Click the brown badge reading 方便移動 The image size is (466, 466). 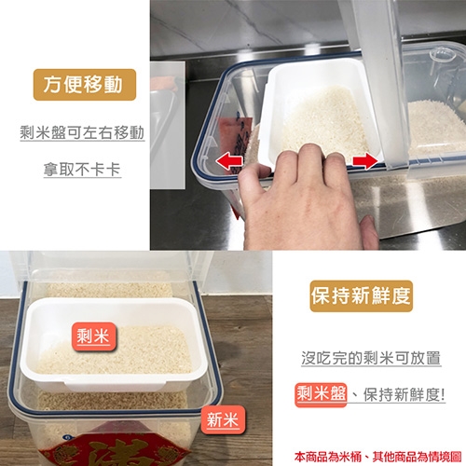[x=85, y=85]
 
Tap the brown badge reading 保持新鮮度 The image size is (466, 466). [x=361, y=295]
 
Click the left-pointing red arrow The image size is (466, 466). [x=229, y=161]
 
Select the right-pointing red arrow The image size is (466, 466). [x=365, y=161]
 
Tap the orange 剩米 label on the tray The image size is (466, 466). [x=93, y=336]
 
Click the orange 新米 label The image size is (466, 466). [x=223, y=420]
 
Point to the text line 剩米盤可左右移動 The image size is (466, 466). [x=82, y=133]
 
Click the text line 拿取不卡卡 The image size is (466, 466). [x=82, y=170]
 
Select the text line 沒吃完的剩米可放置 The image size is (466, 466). [x=371, y=358]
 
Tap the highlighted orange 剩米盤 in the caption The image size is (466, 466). [x=321, y=394]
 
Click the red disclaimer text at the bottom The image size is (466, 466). [x=377, y=457]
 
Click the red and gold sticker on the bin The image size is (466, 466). [x=115, y=449]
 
